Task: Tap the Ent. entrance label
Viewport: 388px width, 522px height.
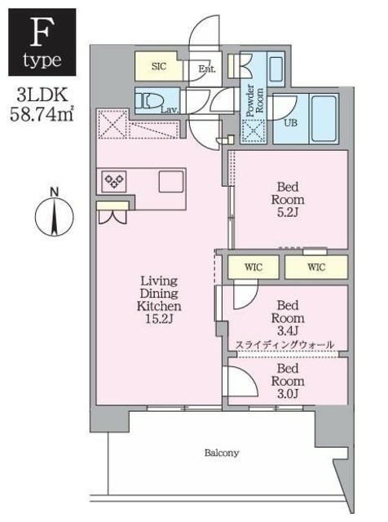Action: pyautogui.click(x=206, y=69)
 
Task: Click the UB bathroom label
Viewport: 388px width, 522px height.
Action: pyautogui.click(x=290, y=125)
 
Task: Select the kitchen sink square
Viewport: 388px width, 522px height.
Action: pyautogui.click(x=171, y=181)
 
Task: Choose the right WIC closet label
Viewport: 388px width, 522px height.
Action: pyautogui.click(x=316, y=266)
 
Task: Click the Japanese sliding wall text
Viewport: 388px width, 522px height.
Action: pyautogui.click(x=284, y=346)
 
